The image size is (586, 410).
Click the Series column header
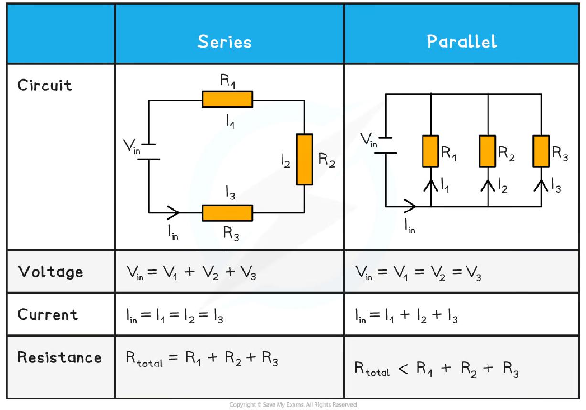pos(224,42)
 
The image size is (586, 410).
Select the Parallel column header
pos(462,42)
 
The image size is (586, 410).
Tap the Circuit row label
pos(45,86)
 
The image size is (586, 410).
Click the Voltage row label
pos(51,272)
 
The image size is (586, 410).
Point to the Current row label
pos(48,314)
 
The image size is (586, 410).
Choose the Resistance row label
pos(60,357)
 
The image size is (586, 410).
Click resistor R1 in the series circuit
pos(227,99)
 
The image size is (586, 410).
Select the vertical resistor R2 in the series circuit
pos(304,159)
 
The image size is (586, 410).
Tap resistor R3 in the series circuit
pos(227,213)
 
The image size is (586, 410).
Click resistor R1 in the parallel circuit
pos(431,151)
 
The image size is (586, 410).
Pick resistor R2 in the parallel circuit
pos(488,151)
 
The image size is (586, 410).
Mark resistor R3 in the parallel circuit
pos(541,151)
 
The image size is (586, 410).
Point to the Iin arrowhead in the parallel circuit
pos(410,207)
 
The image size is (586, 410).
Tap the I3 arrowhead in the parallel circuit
pos(541,184)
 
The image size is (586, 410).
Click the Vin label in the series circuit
pos(131,145)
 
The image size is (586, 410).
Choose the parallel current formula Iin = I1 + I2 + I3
pos(406,316)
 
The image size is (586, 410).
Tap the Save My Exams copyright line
pos(293,405)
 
